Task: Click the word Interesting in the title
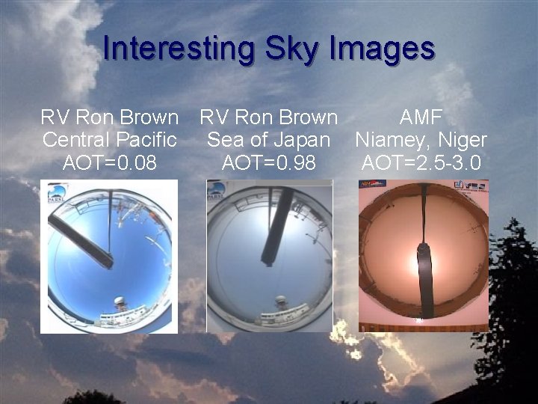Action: (179, 49)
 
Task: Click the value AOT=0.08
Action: (109, 162)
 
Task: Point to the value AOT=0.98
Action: (269, 162)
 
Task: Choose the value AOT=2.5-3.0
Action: (421, 162)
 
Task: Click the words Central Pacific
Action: (109, 140)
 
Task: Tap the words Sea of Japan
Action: (269, 140)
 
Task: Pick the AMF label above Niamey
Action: (421, 117)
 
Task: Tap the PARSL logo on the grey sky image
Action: (217, 190)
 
